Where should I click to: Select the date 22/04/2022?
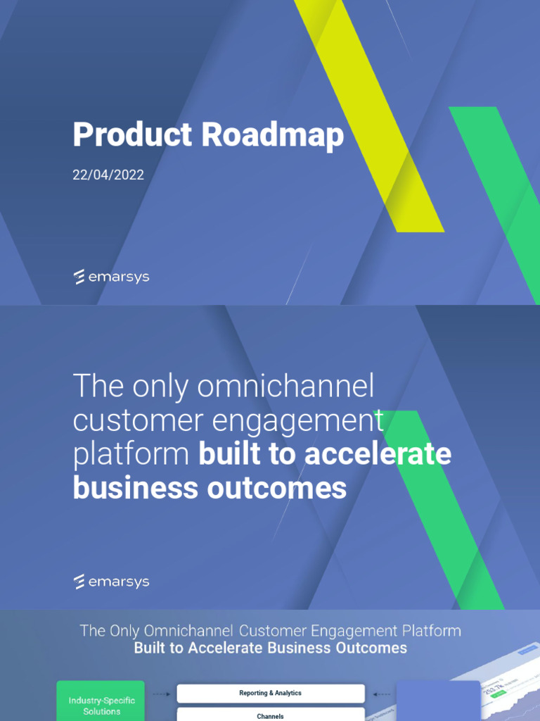108,175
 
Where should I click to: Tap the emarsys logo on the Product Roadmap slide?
111,277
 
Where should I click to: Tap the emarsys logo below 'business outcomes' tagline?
111,582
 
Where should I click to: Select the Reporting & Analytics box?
270,694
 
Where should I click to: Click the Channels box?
270,715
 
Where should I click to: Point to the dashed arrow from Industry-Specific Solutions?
161,694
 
